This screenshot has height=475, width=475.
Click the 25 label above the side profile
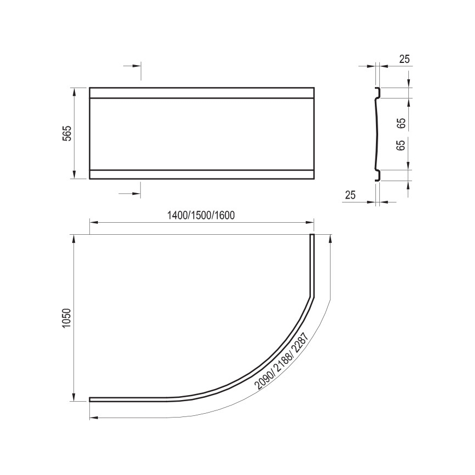pyautogui.click(x=404, y=59)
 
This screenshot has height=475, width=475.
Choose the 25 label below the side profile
pyautogui.click(x=351, y=195)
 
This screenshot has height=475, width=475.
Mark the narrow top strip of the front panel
pyautogui.click(x=201, y=92)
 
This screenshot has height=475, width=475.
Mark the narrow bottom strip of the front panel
pyautogui.click(x=201, y=174)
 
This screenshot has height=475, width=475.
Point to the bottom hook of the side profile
pyautogui.click(x=376, y=175)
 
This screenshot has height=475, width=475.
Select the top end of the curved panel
pyautogui.click(x=312, y=236)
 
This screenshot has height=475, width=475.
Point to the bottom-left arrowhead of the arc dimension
pyautogui.click(x=94, y=418)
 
